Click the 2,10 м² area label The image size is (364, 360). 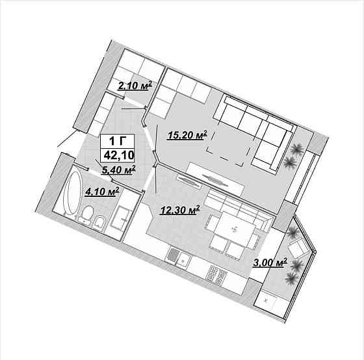pyautogui.click(x=135, y=86)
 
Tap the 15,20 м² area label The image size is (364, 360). pyautogui.click(x=187, y=135)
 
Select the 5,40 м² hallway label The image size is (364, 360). pyautogui.click(x=118, y=170)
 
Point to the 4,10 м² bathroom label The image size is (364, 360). pyautogui.click(x=103, y=192)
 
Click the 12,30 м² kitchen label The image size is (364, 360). pyautogui.click(x=180, y=211)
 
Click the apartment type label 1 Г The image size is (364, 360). pyautogui.click(x=118, y=141)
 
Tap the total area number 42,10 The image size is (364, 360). pyautogui.click(x=119, y=155)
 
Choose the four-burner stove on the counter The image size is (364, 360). pyautogui.click(x=216, y=274)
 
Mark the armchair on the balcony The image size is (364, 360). pyautogui.click(x=298, y=248)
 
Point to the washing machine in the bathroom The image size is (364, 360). pyautogui.click(x=120, y=218)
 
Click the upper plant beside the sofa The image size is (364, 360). pyautogui.click(x=297, y=148)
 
